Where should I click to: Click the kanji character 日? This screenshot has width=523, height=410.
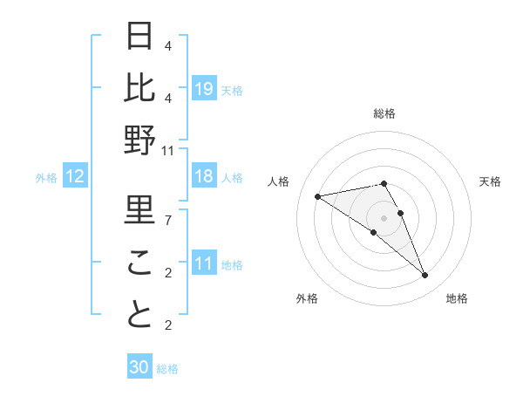coord(140,36)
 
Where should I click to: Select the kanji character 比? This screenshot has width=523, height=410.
coord(140,87)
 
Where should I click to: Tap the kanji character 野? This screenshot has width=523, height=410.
coord(140,140)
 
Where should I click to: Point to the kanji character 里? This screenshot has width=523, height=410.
coord(140,209)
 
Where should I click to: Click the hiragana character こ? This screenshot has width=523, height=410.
coord(140,263)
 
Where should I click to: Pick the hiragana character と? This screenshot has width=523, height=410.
coord(140,315)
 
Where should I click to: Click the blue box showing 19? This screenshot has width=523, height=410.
coord(204,88)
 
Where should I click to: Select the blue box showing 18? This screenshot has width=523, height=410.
coord(204,177)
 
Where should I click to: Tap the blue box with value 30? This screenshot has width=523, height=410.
coord(139,367)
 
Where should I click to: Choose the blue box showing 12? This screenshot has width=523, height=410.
coord(74,177)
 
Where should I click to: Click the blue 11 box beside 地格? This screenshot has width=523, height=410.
coord(204,264)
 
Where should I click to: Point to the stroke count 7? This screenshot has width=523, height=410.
coord(167,221)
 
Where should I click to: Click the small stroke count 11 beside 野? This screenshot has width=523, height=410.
coord(167,151)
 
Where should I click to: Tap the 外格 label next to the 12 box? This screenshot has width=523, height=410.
coord(46,178)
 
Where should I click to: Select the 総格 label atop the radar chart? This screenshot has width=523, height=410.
coord(384,113)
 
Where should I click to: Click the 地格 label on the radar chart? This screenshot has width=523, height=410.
coord(457,299)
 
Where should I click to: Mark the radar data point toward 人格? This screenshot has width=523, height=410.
coord(317,195)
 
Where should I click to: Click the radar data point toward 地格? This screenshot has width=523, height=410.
coord(425,276)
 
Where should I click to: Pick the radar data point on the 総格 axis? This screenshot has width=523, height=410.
coord(384,183)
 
